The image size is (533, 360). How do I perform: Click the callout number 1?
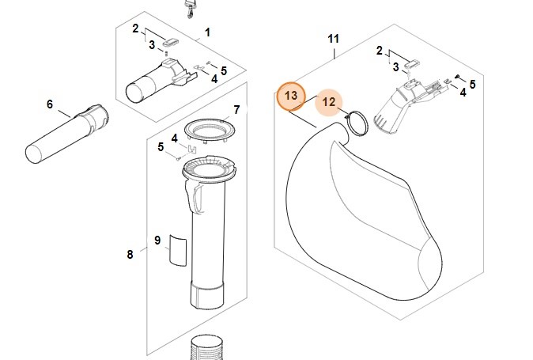pos(207,32)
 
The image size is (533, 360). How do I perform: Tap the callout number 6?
pos(50,104)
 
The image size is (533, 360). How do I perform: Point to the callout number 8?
pos(130,254)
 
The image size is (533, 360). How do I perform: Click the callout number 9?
pos(157,240)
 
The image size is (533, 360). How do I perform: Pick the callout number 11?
pos(333,38)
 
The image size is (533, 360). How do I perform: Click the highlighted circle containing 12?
pos(329,102)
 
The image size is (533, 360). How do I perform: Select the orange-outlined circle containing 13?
pos(290,96)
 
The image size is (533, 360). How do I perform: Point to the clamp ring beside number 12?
pos(357,123)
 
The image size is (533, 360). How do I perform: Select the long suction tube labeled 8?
pos(207,237)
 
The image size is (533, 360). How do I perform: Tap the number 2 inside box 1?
pos(135,28)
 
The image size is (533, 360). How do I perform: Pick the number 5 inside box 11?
pos(472,84)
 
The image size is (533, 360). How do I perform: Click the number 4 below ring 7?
pos(174,138)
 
